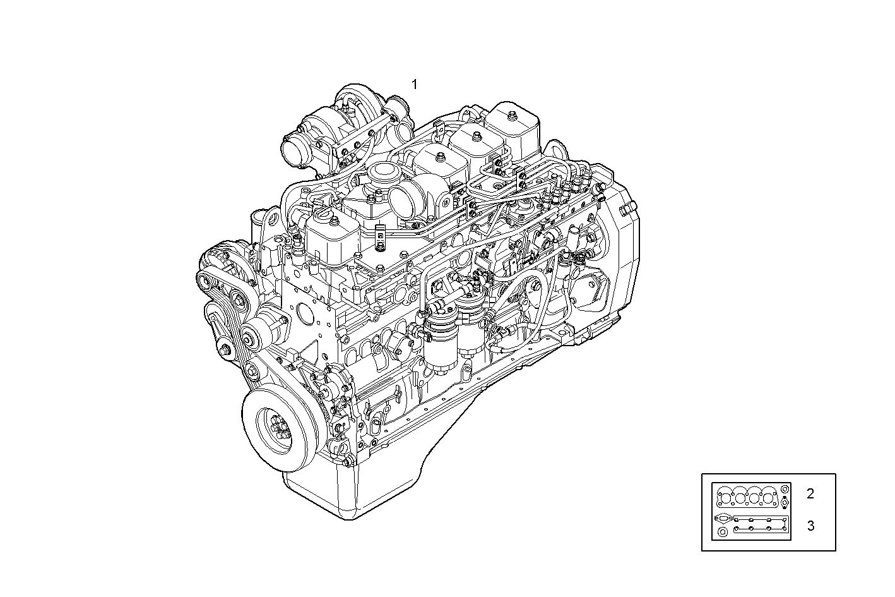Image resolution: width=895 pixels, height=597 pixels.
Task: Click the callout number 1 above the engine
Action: (x=415, y=84)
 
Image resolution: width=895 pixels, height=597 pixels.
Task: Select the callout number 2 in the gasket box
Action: (x=810, y=494)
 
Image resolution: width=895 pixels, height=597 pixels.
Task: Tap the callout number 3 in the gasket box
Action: (x=810, y=526)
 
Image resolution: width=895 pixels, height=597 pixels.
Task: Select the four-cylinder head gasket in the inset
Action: (x=745, y=497)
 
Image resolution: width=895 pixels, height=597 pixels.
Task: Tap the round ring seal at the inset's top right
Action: (x=784, y=490)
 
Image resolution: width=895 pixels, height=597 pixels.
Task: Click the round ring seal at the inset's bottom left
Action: (x=721, y=533)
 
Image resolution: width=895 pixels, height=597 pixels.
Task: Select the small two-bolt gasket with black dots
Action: (x=784, y=503)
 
